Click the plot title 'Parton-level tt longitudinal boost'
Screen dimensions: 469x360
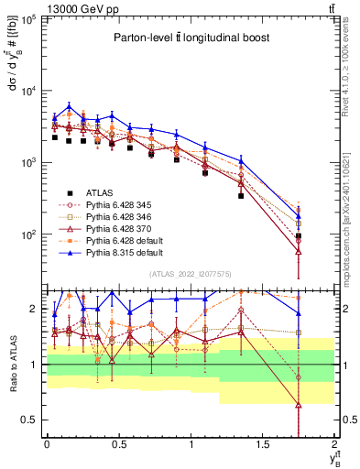pyautogui.click(x=189, y=38)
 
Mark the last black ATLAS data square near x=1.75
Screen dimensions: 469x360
pyautogui.click(x=299, y=236)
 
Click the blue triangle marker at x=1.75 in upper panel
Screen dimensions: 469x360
pyautogui.click(x=299, y=219)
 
